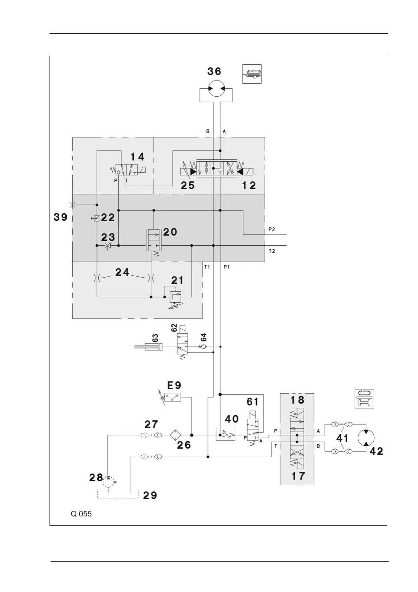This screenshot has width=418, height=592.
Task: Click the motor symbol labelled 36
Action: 216,89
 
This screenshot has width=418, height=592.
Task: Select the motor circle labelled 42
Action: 366,437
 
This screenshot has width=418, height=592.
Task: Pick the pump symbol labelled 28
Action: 108,482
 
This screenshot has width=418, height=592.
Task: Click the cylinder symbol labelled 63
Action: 149,347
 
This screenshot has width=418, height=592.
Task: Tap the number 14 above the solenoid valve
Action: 137,157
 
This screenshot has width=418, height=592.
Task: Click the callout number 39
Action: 60,217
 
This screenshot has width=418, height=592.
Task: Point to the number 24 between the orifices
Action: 122,272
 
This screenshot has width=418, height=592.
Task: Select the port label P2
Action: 272,230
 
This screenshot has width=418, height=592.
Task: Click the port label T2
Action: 272,251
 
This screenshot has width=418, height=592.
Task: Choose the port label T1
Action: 207,267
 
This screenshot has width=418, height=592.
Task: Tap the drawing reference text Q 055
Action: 81,514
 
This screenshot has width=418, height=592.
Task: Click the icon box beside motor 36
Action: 252,74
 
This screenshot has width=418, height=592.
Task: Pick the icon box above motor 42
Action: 364,399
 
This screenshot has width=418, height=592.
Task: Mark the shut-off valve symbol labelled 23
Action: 108,246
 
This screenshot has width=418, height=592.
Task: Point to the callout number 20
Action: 170,232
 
